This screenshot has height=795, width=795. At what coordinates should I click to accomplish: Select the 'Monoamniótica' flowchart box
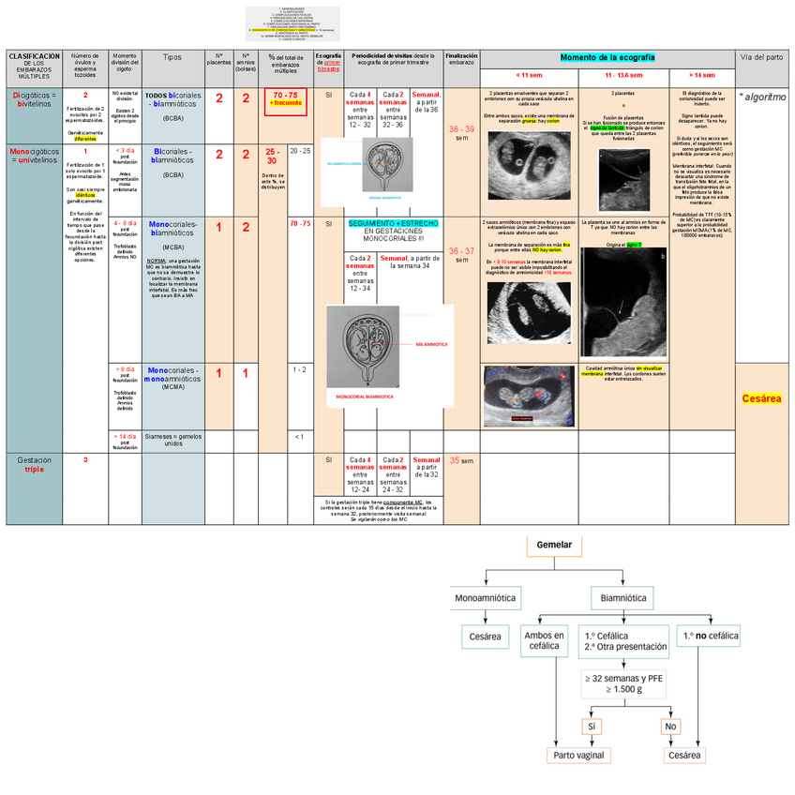point(485,597)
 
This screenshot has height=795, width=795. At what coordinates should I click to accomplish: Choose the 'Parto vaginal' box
point(578,755)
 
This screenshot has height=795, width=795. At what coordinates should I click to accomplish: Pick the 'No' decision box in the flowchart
point(670,727)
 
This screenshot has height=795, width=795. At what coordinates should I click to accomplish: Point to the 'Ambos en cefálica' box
point(544,640)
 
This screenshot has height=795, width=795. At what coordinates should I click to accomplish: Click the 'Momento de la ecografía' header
point(607,58)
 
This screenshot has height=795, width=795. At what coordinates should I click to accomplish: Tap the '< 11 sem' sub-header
point(529,75)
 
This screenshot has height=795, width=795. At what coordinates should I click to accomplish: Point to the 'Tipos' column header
point(172,58)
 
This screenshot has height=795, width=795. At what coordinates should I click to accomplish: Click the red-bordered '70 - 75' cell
point(286,99)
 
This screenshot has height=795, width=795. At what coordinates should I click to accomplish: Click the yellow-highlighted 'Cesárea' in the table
point(761,398)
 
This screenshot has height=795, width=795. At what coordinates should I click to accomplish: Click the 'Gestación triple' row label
point(34,465)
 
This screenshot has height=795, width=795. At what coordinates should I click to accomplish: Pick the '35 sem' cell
point(460,461)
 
